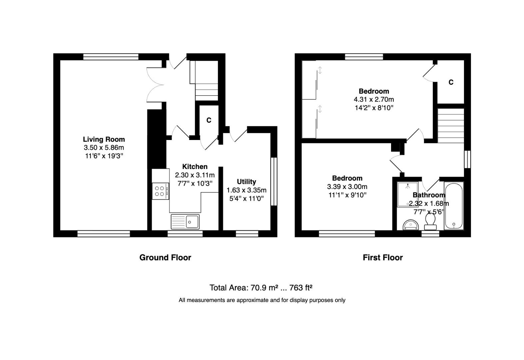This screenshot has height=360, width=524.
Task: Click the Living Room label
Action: [104, 139]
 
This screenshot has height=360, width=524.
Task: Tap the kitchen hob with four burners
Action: [160, 191]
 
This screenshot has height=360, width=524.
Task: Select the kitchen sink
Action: [185, 222]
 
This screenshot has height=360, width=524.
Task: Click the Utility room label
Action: [246, 182]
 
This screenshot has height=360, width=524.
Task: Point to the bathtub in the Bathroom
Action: [454, 206]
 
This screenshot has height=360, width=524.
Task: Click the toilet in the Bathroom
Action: [430, 222]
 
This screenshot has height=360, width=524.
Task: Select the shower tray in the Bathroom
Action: [407, 194]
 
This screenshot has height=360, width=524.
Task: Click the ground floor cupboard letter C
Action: [209, 120]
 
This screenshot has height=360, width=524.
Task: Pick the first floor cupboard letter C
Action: [451, 82]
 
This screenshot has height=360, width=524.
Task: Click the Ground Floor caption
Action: [165, 257]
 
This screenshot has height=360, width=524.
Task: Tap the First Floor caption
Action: [382, 257]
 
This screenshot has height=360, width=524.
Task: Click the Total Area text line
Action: [261, 288]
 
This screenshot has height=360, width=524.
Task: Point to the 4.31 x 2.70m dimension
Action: [374, 99]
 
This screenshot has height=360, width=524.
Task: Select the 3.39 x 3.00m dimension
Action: [347, 187]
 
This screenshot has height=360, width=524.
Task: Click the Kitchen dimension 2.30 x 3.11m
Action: [195, 175]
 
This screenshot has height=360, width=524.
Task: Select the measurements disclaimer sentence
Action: [262, 300]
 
